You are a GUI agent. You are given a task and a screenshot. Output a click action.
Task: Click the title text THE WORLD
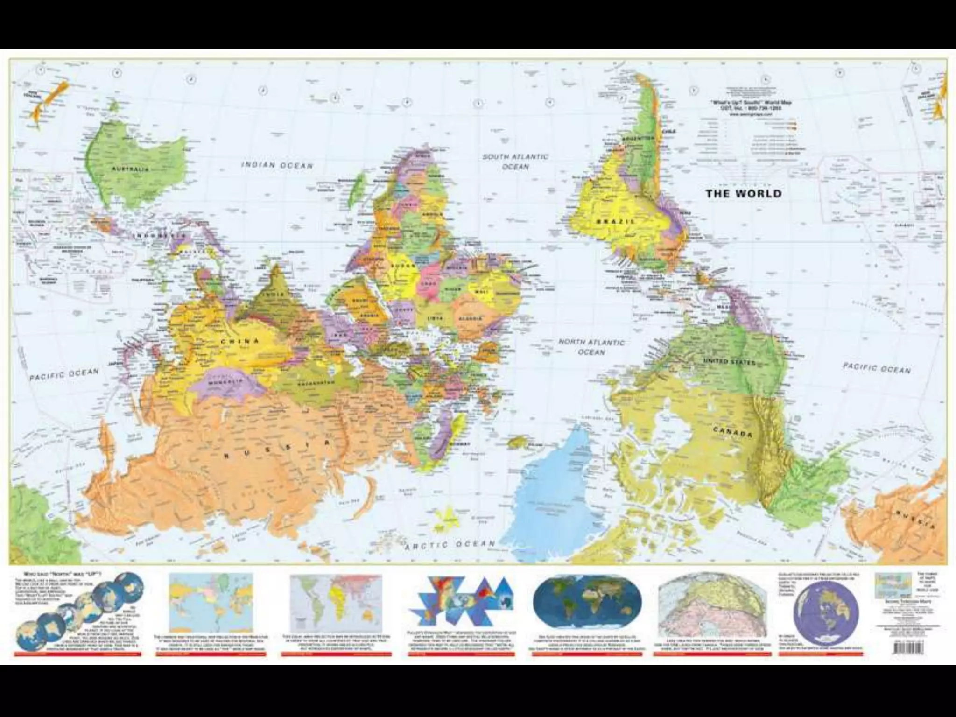[x=743, y=193]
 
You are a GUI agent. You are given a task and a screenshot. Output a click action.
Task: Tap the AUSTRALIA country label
[x=130, y=169]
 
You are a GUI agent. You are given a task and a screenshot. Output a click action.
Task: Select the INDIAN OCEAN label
[x=277, y=165]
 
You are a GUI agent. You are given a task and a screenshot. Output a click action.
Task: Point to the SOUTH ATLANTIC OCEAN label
[x=515, y=162]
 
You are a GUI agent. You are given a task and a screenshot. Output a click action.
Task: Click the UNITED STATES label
[x=729, y=362]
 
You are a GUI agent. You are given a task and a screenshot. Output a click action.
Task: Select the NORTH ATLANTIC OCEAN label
[x=591, y=347]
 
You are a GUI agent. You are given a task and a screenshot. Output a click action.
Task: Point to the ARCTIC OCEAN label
[x=450, y=544]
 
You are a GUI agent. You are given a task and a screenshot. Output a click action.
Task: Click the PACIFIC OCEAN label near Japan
[x=64, y=375]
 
